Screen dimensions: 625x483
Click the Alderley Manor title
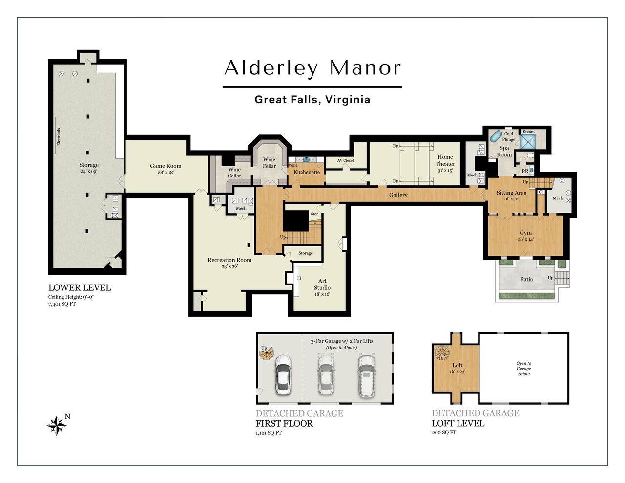312,68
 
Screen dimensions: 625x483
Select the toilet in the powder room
531,155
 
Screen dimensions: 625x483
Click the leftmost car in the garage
283,374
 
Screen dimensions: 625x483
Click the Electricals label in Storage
59,137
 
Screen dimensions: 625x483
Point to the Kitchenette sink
306,159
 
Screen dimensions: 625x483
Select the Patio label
527,279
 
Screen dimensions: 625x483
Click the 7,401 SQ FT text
62,304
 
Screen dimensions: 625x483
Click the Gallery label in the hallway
398,195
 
